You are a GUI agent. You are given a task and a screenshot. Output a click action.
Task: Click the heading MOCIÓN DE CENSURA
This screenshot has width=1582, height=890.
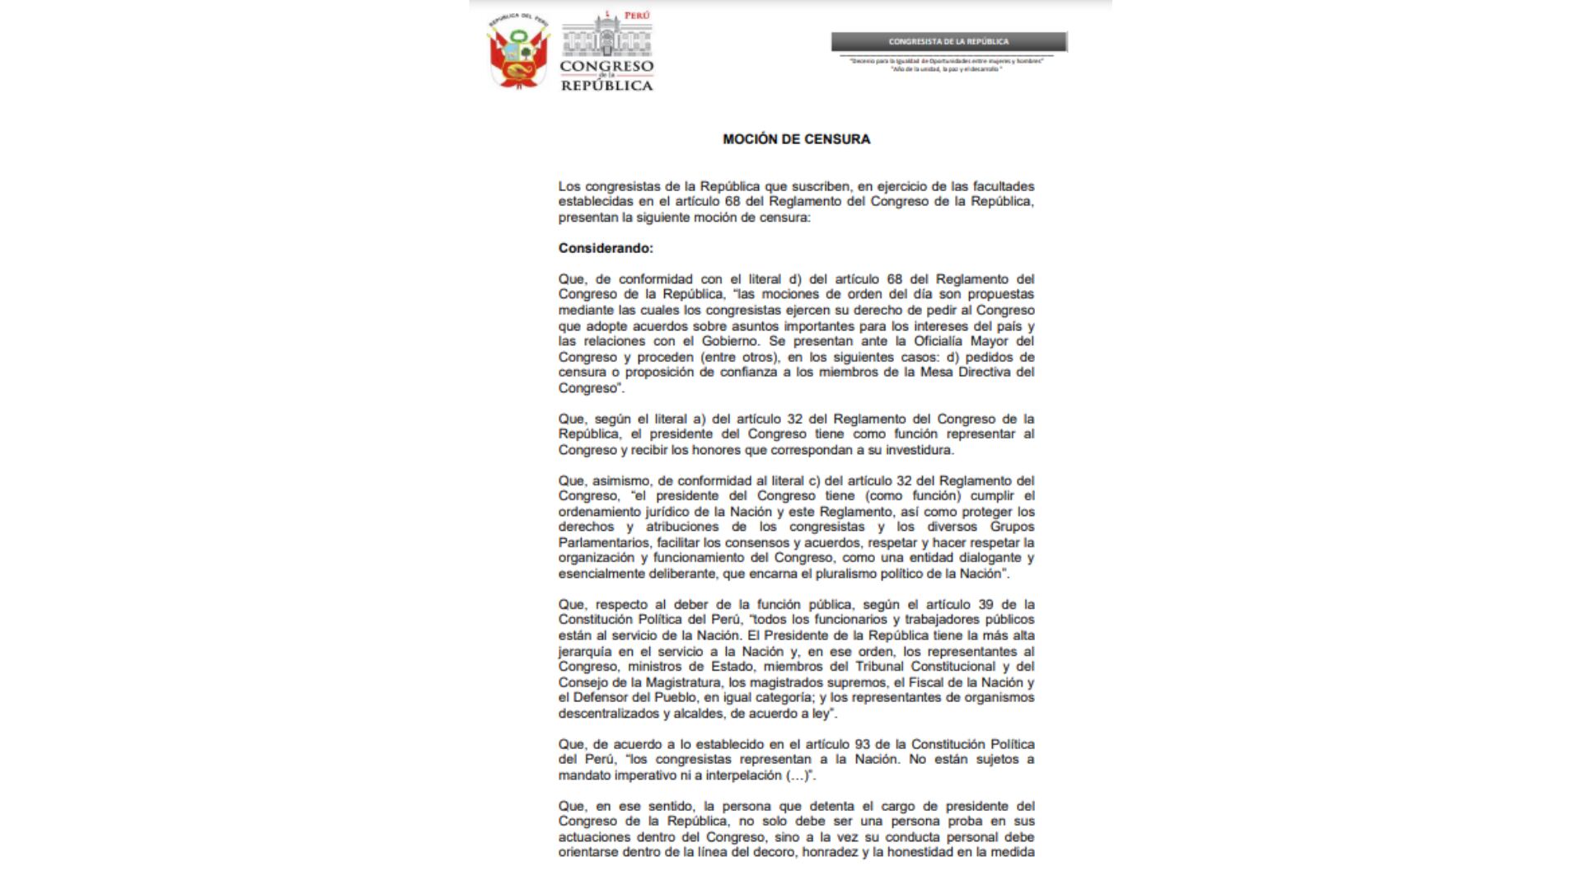796,139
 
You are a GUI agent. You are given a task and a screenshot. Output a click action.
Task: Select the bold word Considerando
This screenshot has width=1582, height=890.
606,248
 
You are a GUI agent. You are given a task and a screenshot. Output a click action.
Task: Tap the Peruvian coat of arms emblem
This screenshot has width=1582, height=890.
519,50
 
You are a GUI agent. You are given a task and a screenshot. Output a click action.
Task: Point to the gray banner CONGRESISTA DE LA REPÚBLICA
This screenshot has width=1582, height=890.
948,41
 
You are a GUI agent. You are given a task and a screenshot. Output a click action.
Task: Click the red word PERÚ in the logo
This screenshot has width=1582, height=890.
636,16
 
